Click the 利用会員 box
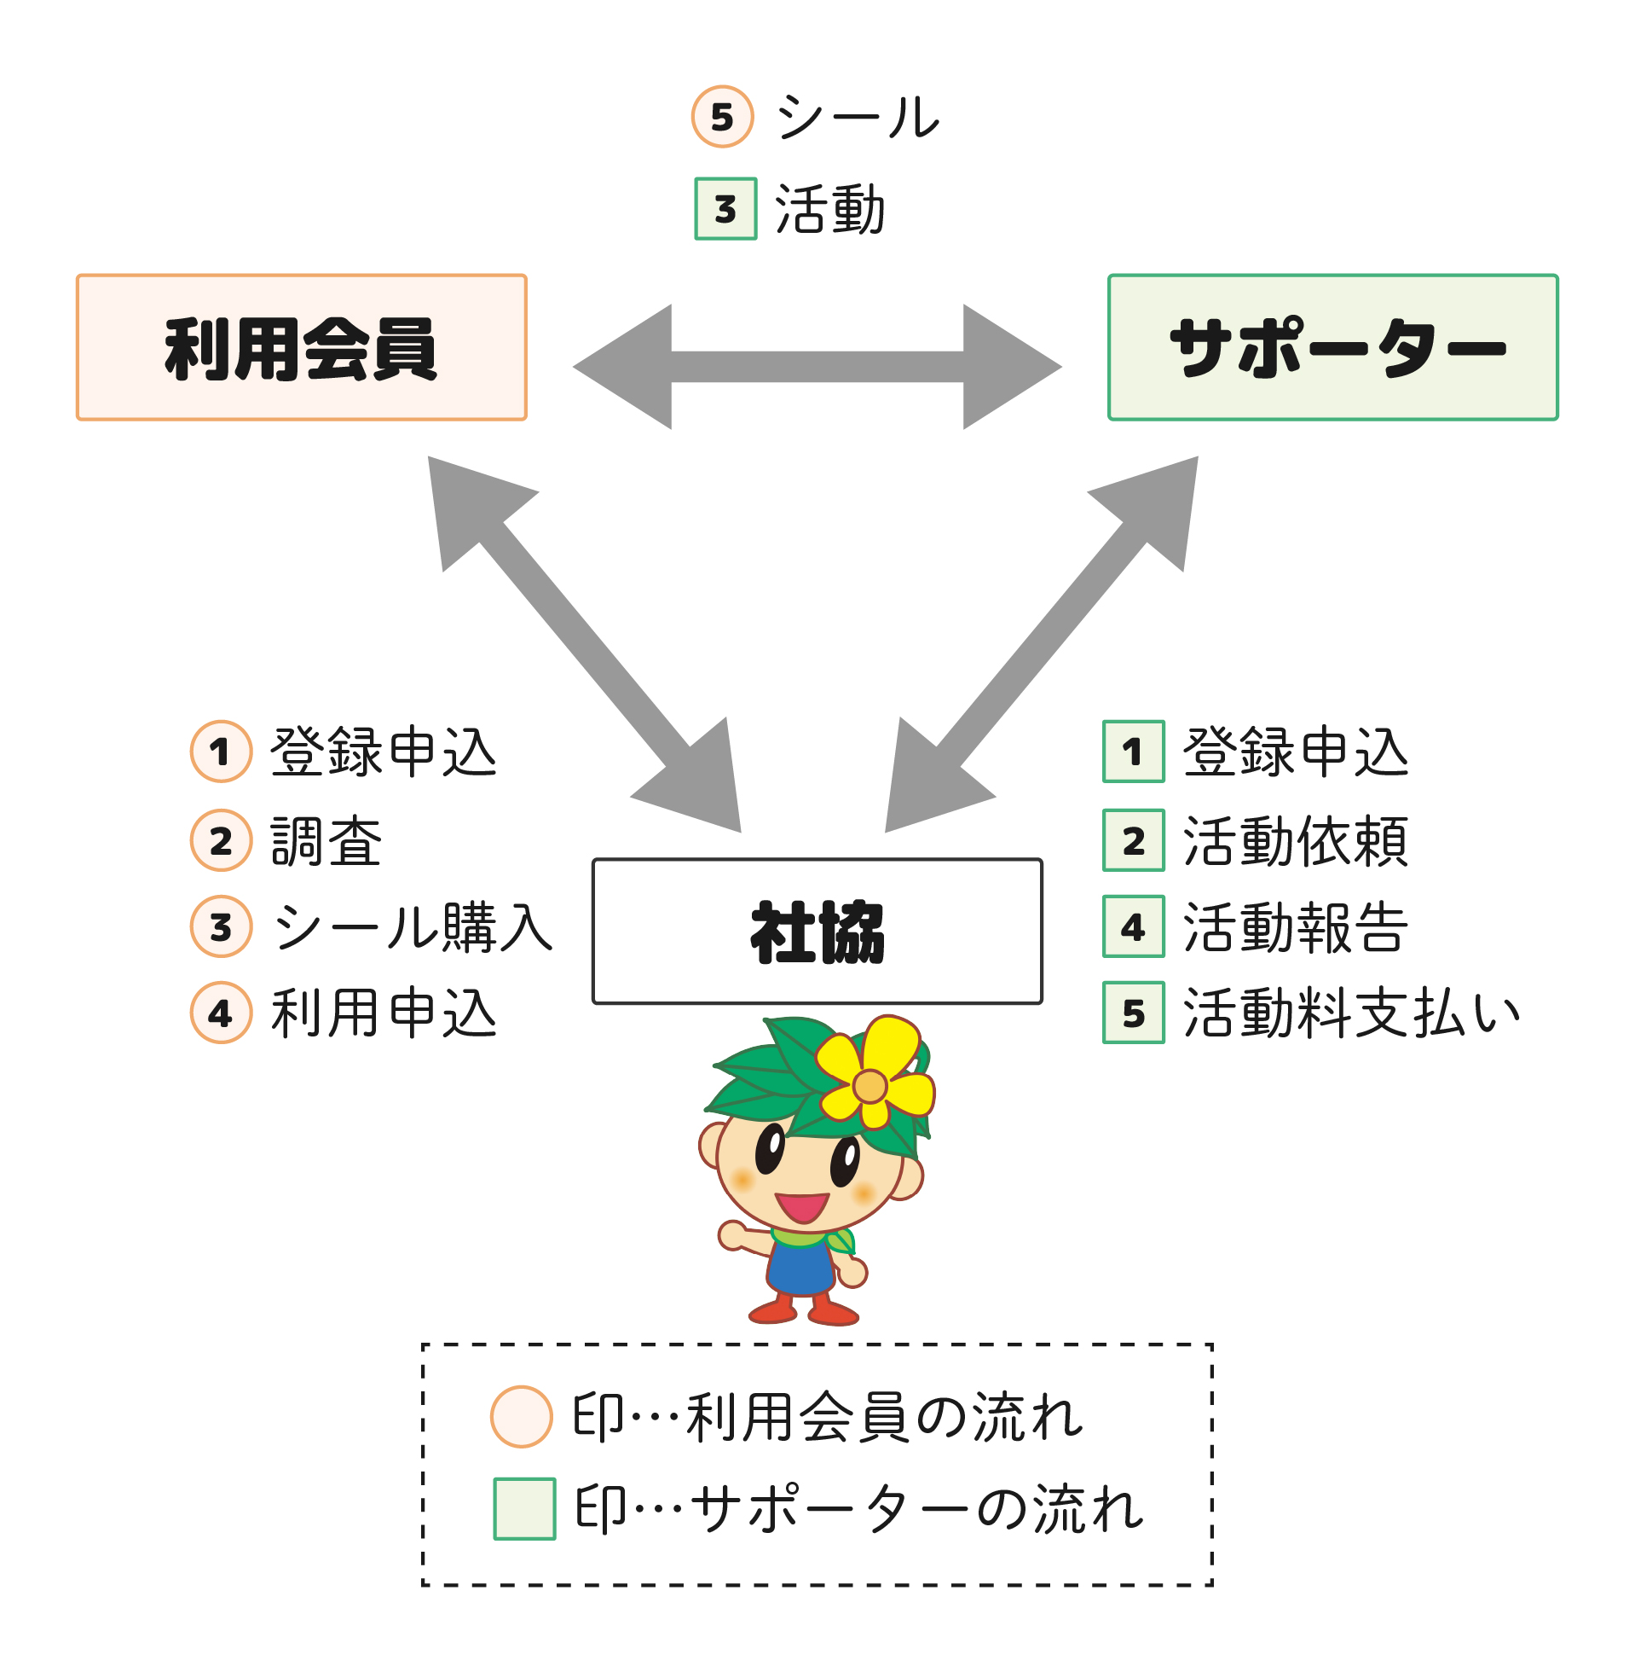302,347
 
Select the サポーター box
1332,347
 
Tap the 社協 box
817,931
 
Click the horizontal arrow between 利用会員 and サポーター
817,366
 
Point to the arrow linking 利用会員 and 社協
584,643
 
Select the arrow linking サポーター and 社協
1042,643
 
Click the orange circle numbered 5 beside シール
722,117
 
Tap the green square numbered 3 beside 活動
725,209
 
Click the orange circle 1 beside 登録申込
221,751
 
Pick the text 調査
326,840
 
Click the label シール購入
413,927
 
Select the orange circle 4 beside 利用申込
221,1013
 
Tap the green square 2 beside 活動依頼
1134,840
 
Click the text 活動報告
1295,927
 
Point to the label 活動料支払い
1351,1013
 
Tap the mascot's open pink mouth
801,1206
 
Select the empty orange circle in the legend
521,1417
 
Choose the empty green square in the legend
524,1509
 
